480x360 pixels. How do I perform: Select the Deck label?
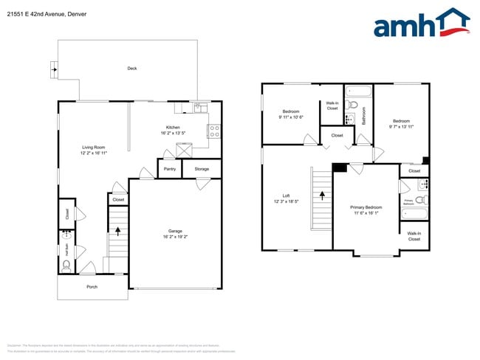click(132, 69)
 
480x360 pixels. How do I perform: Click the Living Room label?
click(94, 148)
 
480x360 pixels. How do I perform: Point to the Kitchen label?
click(173, 128)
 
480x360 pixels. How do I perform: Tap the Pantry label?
click(169, 169)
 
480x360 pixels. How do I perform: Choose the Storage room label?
click(202, 169)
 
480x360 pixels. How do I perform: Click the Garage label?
click(175, 231)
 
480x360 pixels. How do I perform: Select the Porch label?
click(92, 286)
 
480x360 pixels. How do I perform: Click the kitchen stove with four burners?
click(214, 132)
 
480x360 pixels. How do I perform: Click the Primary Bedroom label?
click(366, 207)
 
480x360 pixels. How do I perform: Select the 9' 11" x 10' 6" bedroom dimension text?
click(291, 117)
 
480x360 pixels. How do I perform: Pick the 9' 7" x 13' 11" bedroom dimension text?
click(401, 125)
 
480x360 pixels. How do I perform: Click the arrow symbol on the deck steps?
click(52, 70)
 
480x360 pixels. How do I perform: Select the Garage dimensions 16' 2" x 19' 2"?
click(175, 237)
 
